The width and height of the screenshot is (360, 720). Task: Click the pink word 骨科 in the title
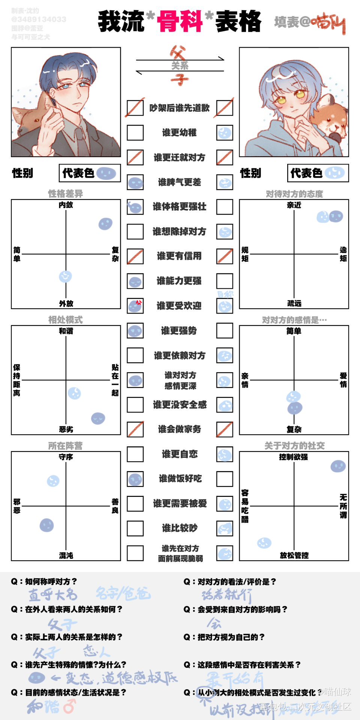click(180, 21)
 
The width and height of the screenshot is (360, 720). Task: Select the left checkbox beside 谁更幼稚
click(135, 132)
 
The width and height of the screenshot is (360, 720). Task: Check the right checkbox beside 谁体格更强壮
click(225, 207)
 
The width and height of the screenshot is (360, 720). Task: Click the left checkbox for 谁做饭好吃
click(135, 479)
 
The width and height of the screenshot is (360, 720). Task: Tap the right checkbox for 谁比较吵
click(225, 528)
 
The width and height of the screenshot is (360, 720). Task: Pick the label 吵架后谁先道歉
click(179, 108)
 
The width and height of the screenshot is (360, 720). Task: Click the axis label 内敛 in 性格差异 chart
click(66, 205)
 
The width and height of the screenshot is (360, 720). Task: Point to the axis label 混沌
click(66, 555)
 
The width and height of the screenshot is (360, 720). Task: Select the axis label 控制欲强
click(294, 457)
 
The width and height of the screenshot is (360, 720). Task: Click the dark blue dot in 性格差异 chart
click(105, 224)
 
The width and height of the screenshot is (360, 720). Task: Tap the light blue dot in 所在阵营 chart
click(53, 481)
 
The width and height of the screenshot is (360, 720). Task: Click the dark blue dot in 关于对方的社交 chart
click(338, 466)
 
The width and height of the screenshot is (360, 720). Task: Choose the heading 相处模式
click(65, 320)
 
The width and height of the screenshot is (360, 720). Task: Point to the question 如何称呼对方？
click(44, 582)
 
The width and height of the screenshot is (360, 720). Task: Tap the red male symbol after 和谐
click(69, 707)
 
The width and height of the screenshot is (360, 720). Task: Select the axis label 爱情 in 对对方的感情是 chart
click(343, 380)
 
